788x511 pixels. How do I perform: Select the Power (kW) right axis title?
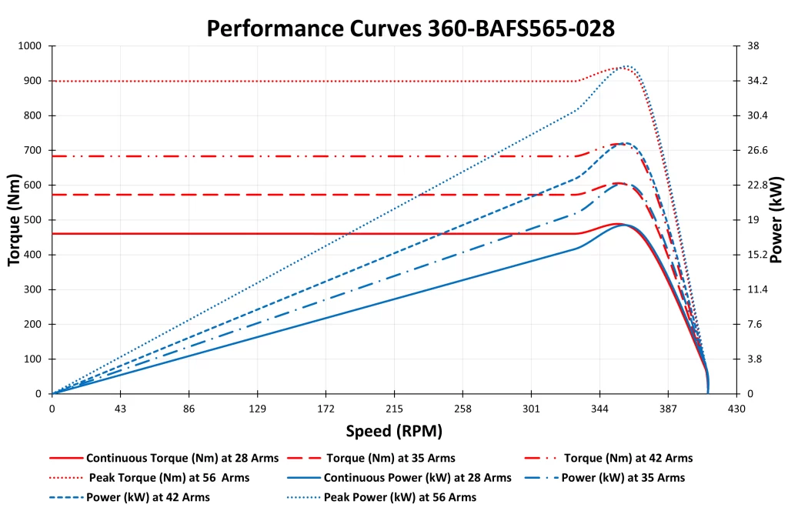click(776, 220)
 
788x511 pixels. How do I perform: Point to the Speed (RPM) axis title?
click(394, 431)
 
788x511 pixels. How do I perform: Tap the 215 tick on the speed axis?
click(394, 409)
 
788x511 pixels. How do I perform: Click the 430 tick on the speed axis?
click(736, 409)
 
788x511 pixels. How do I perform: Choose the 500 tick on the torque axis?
click(33, 220)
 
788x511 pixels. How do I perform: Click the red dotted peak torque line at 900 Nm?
click(308, 81)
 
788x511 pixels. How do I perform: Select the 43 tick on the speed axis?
click(120, 409)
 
